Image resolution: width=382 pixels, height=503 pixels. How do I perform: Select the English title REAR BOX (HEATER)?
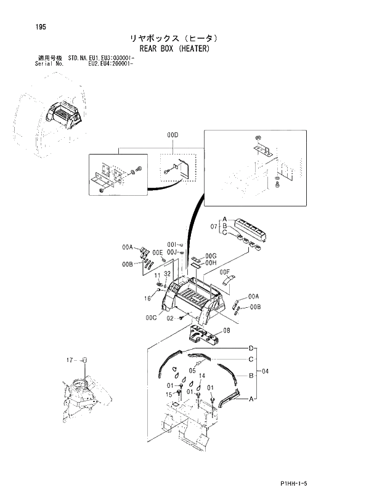point(176,49)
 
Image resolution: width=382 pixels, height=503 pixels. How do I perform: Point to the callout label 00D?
point(172,134)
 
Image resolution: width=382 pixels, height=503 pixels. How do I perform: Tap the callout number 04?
point(266,371)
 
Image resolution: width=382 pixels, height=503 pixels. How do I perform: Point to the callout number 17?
point(71,359)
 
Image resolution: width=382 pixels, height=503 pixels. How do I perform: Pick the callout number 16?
point(148,298)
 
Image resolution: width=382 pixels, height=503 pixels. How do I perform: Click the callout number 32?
point(167,274)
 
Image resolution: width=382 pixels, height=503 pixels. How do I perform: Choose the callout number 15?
point(168,394)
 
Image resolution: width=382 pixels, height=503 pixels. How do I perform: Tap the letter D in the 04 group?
point(251,348)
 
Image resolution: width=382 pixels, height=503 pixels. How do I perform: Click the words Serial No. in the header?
point(51,63)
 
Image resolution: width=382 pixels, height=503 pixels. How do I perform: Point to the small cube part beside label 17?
point(85,360)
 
